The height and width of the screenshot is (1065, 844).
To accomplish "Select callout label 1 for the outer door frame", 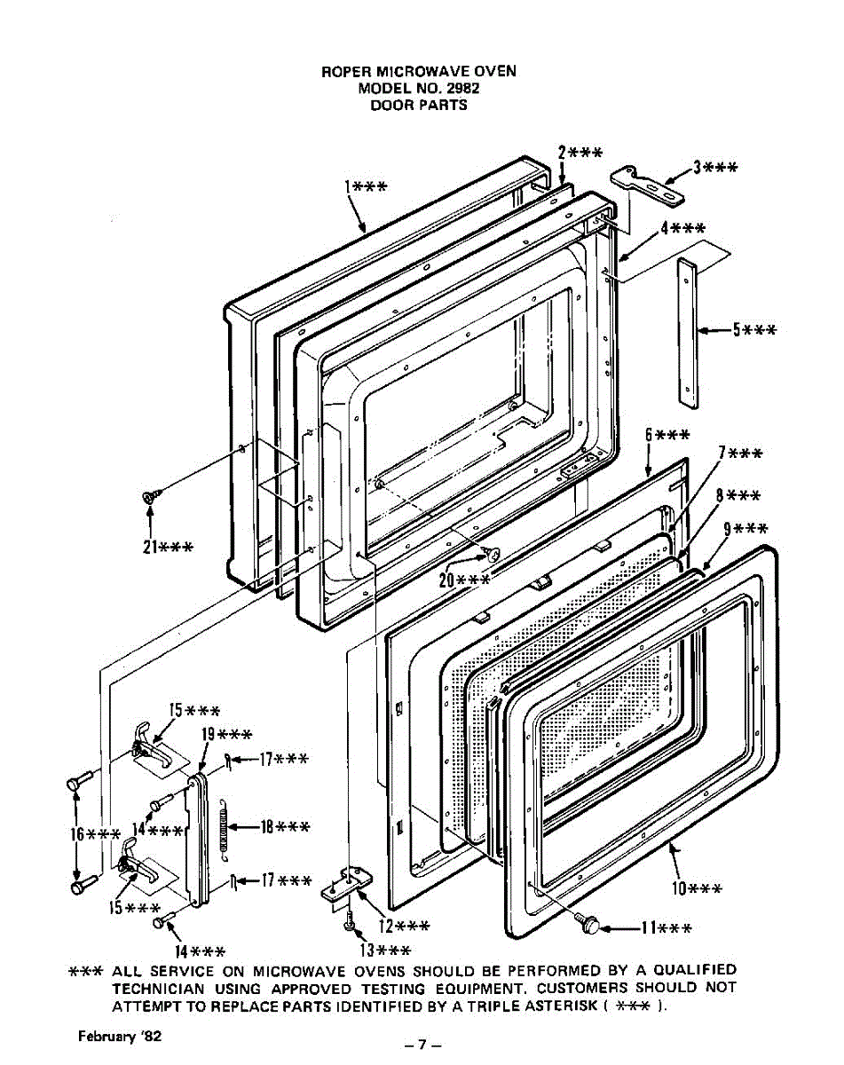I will pos(365,186).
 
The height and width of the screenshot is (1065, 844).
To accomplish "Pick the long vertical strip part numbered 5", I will pos(688,333).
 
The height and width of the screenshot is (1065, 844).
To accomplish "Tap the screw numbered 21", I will pos(149,499).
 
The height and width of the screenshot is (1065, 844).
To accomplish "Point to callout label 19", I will pos(225,734).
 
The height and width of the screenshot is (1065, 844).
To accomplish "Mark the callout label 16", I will pos(95,834).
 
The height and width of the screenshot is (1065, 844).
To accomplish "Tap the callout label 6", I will pos(667,435).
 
